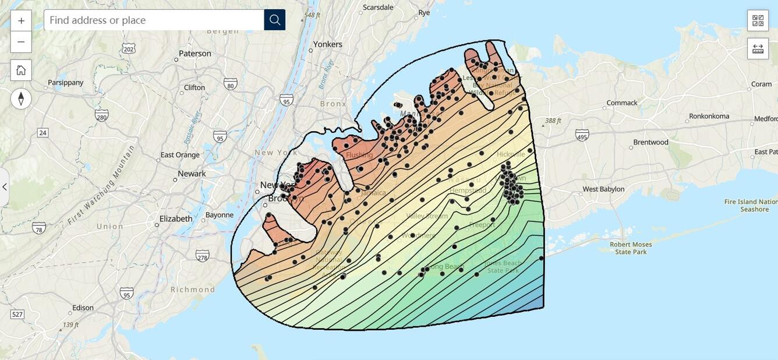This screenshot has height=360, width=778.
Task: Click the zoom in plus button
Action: click(x=21, y=20)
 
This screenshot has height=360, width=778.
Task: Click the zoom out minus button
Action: click(x=21, y=42)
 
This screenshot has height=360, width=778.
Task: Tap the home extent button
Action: click(x=21, y=70)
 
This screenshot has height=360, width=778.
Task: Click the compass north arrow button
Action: click(x=21, y=98)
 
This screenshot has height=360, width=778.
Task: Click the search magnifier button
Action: click(x=275, y=20)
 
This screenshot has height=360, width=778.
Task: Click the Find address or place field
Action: click(x=154, y=20)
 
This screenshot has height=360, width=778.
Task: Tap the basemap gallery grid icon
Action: click(x=758, y=20)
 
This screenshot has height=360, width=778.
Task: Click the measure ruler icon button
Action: click(x=758, y=48)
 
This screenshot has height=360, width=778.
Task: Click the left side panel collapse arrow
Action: click(x=5, y=187)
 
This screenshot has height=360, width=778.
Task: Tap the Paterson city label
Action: click(x=194, y=54)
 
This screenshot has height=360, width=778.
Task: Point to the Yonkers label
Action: click(x=327, y=44)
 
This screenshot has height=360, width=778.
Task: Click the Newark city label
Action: click(x=192, y=174)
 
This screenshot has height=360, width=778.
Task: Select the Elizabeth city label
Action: click(x=175, y=219)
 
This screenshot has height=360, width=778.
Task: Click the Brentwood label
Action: click(x=650, y=142)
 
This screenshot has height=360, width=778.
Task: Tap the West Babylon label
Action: click(x=603, y=189)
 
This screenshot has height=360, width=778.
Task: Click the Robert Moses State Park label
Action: click(x=631, y=248)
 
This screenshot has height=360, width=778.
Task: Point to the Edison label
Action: click(x=83, y=308)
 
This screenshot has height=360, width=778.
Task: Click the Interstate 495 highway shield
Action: click(x=582, y=135)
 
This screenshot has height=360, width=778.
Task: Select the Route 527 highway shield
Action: click(x=17, y=315)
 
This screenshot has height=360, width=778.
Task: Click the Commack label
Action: click(x=621, y=103)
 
